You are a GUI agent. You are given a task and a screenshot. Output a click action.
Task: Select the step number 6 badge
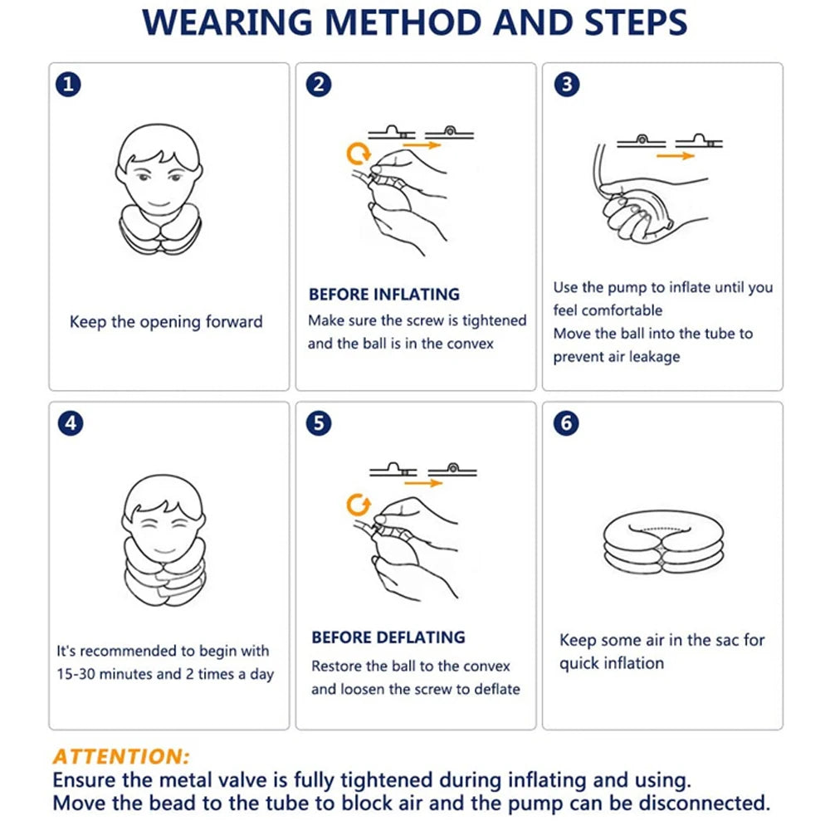click(x=566, y=422)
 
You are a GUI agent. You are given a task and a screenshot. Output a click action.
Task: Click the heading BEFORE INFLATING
click(x=383, y=294)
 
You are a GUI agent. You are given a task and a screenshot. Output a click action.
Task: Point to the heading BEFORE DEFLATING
click(x=388, y=637)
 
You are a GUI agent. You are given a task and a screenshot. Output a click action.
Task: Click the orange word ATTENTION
click(x=121, y=756)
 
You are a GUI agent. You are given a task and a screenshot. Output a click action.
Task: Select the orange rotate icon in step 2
click(x=359, y=154)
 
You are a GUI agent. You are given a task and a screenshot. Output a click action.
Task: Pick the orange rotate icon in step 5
click(x=359, y=504)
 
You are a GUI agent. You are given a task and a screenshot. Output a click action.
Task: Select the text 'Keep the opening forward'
click(x=166, y=322)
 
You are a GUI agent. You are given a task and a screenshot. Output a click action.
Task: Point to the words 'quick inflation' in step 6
click(x=611, y=663)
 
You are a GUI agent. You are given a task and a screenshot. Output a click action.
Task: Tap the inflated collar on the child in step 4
click(x=162, y=573)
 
